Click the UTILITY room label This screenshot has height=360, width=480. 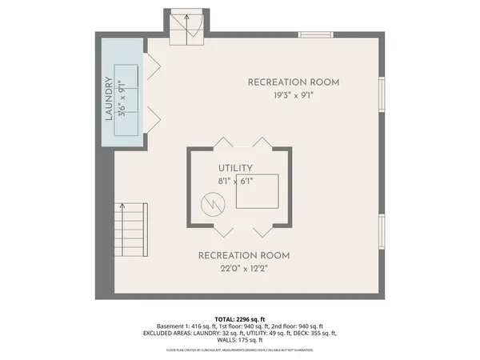[236, 168]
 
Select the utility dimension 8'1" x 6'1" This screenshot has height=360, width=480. [236, 182]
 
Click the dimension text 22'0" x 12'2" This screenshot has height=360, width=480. [243, 269]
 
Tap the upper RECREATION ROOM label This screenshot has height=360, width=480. [293, 82]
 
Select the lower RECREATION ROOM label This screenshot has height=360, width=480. [243, 255]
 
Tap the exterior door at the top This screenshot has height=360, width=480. [187, 27]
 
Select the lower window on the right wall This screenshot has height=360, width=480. [382, 230]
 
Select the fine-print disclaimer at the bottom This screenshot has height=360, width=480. [239, 350]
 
